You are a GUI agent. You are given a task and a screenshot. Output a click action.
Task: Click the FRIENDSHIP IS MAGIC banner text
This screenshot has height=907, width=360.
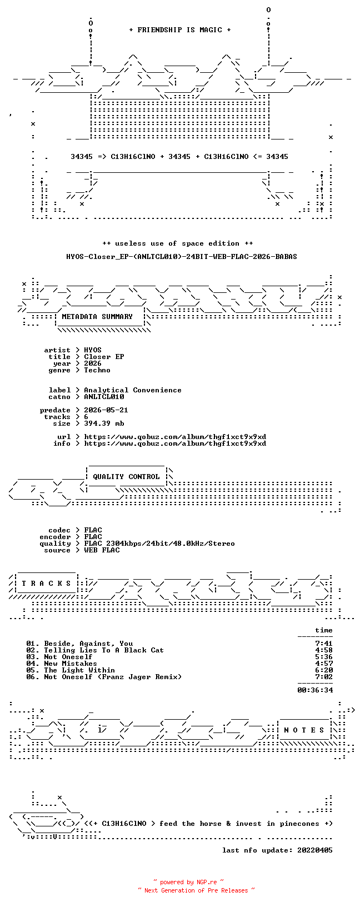(x=180, y=30)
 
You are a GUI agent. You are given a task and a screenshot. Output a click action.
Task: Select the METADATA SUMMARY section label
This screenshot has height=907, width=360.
(x=97, y=317)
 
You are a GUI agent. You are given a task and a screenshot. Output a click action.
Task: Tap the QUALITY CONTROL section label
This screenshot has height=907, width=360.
(x=126, y=477)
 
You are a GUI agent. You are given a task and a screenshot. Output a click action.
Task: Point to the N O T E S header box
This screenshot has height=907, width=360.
(x=304, y=730)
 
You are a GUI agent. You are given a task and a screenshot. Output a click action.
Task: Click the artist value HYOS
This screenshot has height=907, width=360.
(x=93, y=350)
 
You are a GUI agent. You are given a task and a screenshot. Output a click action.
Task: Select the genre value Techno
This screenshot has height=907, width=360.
(x=97, y=370)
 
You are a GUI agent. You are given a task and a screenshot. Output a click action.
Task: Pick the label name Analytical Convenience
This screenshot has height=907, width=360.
(x=133, y=390)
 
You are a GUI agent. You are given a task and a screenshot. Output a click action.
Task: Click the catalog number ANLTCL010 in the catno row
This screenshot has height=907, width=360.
(x=104, y=397)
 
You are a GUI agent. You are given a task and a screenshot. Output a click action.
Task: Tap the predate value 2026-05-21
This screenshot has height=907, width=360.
(x=106, y=410)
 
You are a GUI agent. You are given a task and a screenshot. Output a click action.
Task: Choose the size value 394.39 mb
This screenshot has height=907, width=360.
(x=104, y=423)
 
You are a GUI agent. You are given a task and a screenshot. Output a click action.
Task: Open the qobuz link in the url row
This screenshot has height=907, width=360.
(x=175, y=437)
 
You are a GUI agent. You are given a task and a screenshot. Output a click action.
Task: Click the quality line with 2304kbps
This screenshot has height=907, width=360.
(x=159, y=544)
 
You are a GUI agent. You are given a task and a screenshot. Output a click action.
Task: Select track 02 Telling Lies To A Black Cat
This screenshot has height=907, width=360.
(x=95, y=650)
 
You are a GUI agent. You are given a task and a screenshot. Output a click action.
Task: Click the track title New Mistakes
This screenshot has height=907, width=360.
(x=71, y=664)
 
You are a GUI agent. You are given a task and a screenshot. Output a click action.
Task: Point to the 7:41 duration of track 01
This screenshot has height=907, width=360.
(x=324, y=644)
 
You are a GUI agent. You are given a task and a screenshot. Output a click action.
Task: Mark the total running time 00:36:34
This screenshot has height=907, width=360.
(x=315, y=690)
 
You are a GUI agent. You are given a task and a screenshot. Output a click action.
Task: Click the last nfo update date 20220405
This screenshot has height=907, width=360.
(x=315, y=850)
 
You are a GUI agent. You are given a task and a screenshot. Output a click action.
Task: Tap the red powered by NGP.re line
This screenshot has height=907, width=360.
(x=189, y=882)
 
